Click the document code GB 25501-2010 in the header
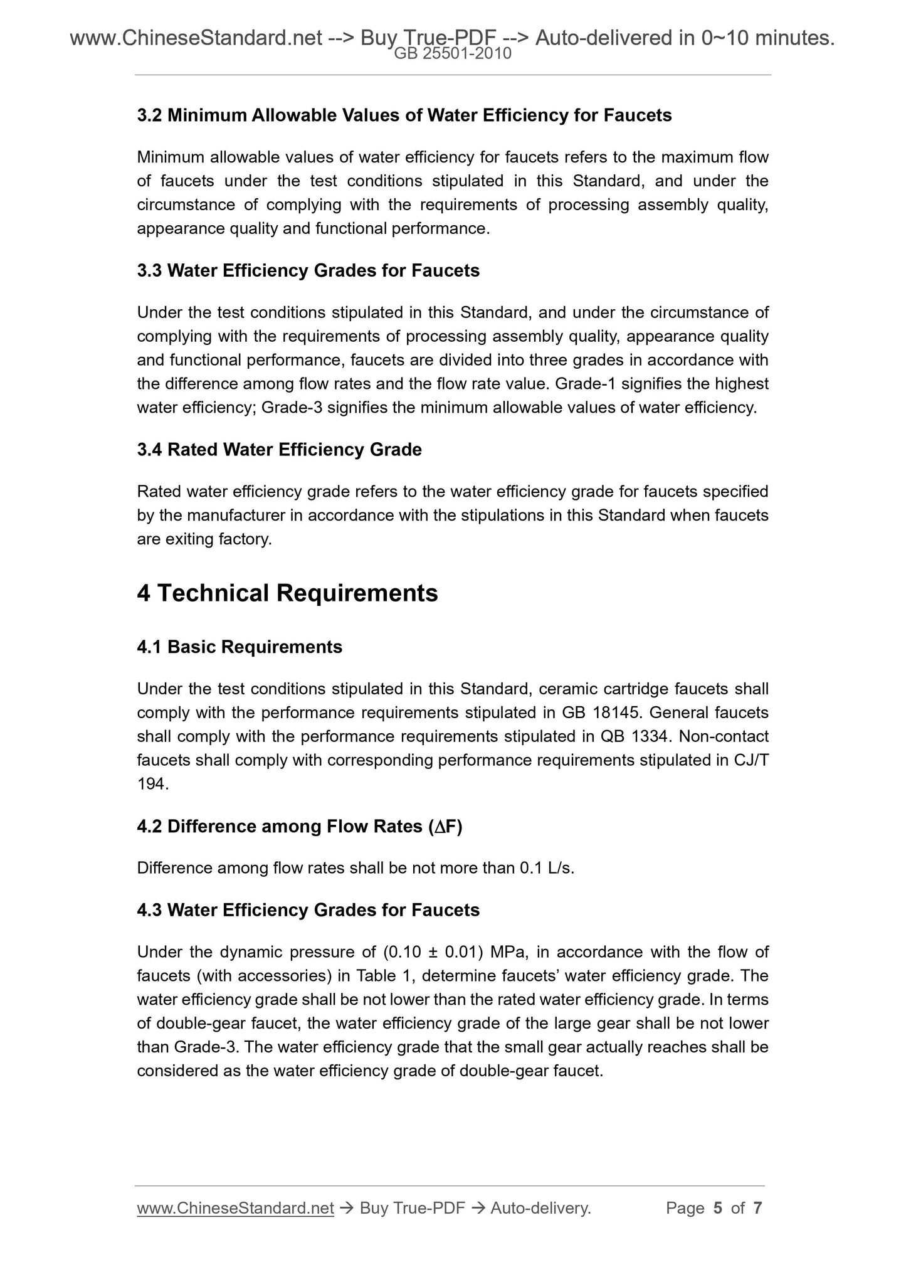pos(453,54)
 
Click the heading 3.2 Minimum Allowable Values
pos(404,115)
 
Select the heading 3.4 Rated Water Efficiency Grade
pos(279,450)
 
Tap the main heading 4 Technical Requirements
pos(287,593)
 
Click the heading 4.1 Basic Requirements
pos(240,647)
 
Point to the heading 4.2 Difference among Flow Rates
pos(299,827)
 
